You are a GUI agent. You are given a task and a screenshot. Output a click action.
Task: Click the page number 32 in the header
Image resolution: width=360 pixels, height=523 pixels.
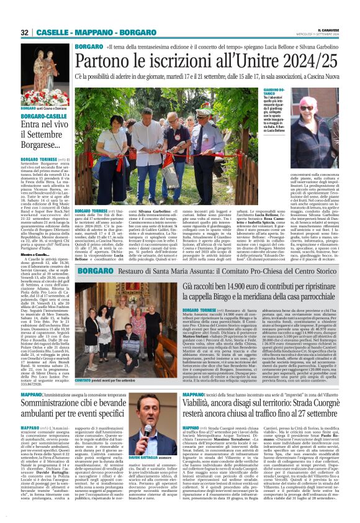tap(24, 32)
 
